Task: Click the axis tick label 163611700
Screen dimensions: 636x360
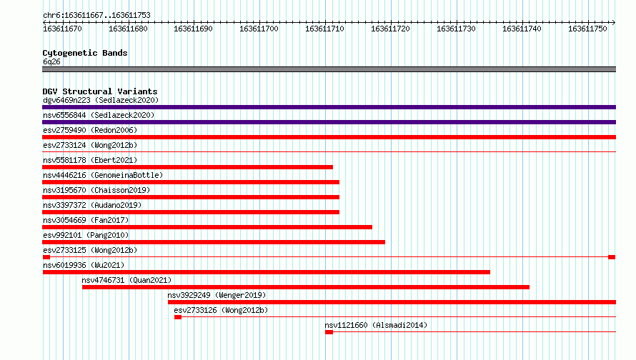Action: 259,29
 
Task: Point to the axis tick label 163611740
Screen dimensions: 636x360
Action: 522,29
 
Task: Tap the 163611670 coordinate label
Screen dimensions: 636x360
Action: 62,29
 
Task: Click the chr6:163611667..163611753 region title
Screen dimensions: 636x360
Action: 96,16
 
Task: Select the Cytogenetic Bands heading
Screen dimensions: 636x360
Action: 85,53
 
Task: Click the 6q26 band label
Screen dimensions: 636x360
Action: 51,61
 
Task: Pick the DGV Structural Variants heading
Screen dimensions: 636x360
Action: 100,91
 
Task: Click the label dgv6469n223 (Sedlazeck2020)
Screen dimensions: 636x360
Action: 101,100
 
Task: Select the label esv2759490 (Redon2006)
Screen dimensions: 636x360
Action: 90,130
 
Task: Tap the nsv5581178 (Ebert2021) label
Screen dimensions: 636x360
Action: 90,160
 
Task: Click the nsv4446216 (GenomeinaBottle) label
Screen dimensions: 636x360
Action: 103,175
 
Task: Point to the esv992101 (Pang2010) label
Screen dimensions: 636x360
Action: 86,235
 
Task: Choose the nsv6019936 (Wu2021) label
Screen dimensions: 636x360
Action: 84,265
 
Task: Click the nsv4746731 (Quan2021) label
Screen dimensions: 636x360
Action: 126,280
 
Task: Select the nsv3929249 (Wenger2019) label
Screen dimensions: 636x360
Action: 217,295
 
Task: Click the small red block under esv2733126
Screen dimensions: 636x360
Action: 178,317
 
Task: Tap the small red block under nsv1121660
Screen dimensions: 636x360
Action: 329,332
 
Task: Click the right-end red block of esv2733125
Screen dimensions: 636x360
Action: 612,257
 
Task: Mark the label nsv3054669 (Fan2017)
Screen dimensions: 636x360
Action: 86,220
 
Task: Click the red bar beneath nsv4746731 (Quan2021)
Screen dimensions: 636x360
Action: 306,287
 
